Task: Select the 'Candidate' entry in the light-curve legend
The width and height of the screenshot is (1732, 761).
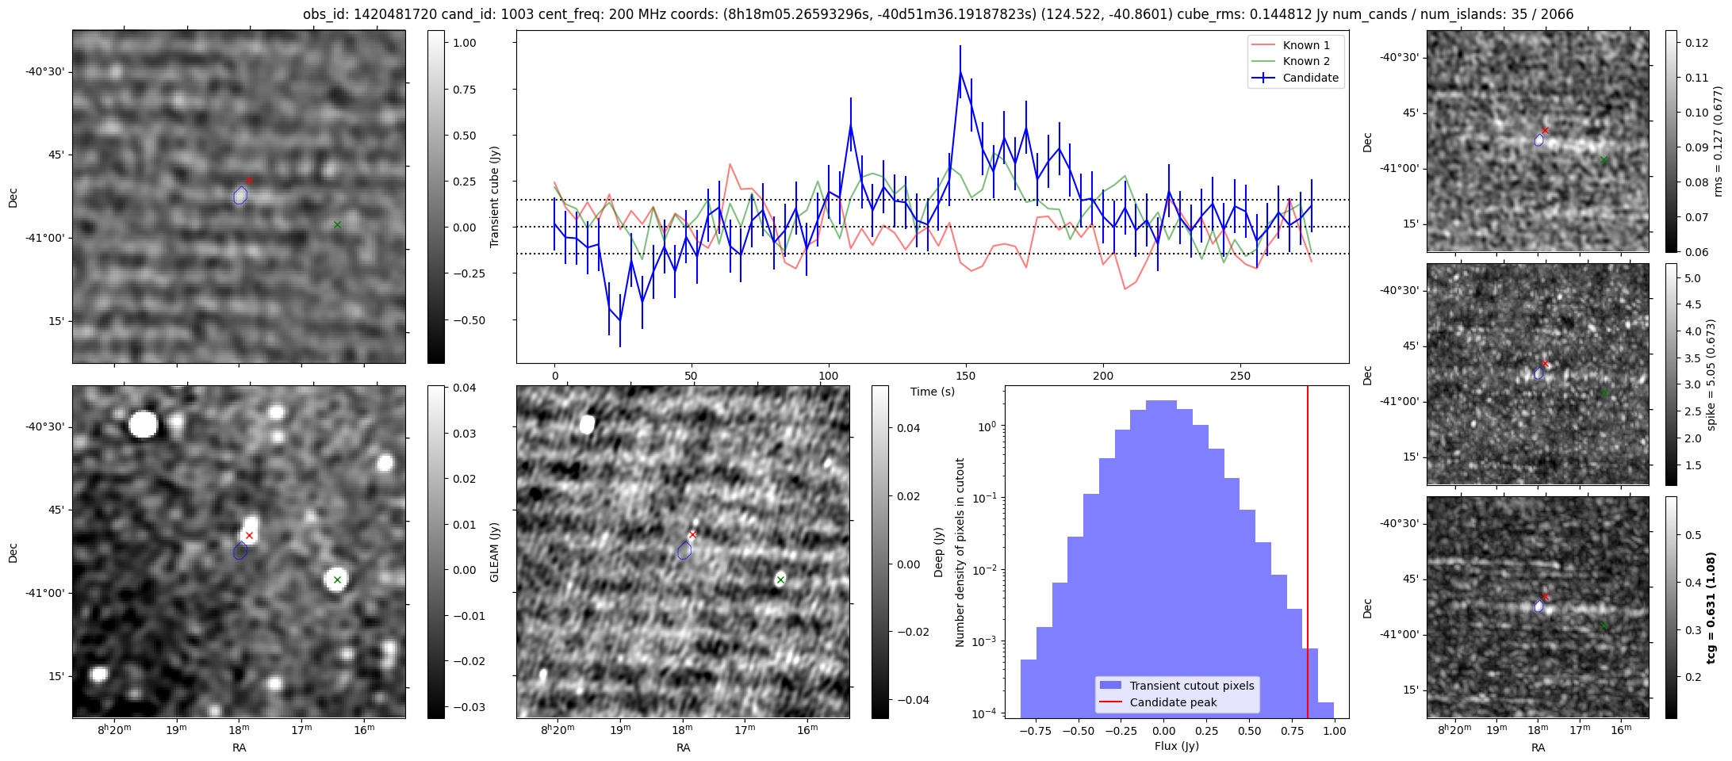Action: (1310, 78)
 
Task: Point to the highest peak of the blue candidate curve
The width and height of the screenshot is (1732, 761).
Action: (960, 72)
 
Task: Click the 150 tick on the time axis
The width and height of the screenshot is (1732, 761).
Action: (966, 376)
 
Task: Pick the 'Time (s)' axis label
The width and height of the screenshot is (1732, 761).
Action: (932, 392)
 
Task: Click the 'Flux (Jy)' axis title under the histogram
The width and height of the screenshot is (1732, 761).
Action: (1176, 746)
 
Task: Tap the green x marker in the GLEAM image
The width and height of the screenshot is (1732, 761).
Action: (337, 580)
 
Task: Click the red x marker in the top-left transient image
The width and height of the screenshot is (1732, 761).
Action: (249, 181)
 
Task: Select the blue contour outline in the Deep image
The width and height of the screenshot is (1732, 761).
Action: (684, 550)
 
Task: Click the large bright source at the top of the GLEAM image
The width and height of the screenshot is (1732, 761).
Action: (144, 424)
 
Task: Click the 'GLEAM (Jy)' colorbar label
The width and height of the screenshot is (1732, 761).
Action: (494, 552)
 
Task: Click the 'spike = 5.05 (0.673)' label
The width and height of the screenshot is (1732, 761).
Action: (1711, 374)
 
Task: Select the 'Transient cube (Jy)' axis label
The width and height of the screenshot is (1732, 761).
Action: (495, 197)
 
